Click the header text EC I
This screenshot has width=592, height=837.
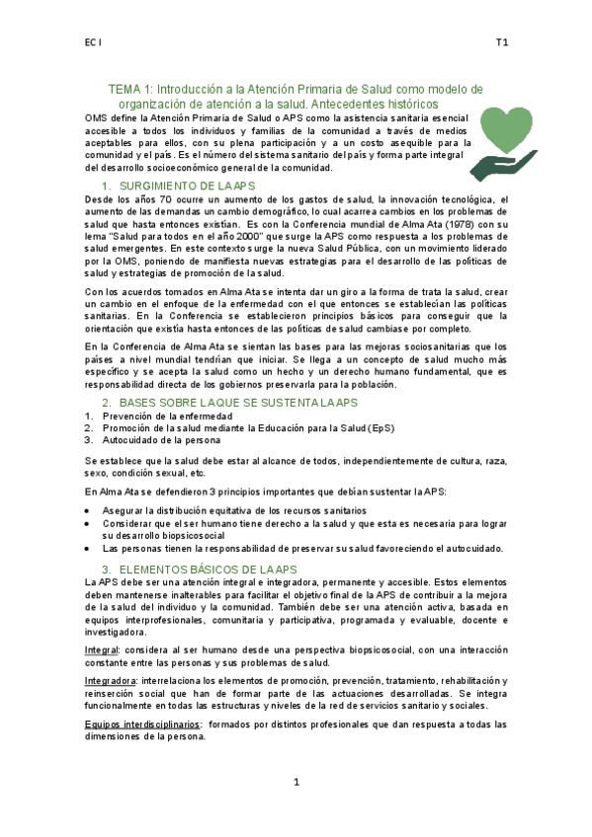pyautogui.click(x=92, y=43)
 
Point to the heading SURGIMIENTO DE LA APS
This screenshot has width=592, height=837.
pyautogui.click(x=193, y=187)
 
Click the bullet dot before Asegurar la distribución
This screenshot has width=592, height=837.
pyautogui.click(x=90, y=510)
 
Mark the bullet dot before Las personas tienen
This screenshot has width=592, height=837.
pyautogui.click(x=90, y=549)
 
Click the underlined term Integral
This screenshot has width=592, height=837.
pyautogui.click(x=101, y=651)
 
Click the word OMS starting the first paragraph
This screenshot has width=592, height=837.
pyautogui.click(x=97, y=117)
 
